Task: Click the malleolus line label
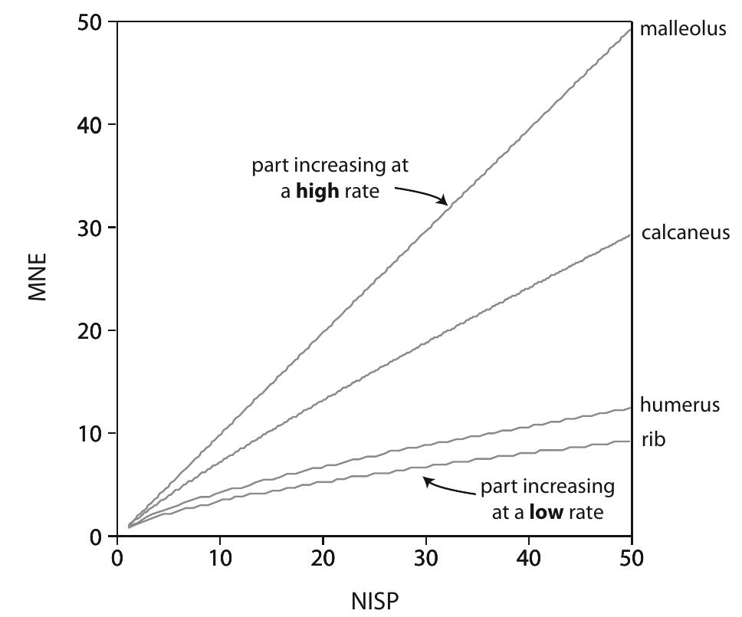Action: [x=682, y=30]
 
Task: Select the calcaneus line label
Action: [x=685, y=232]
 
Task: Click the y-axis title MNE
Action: [x=38, y=277]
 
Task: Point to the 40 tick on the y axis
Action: [x=91, y=125]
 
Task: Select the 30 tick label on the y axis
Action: [x=91, y=228]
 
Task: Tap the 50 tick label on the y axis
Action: [x=91, y=22]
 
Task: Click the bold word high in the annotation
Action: [x=317, y=191]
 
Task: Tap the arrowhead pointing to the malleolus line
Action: [x=444, y=202]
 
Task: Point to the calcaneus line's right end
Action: [x=630, y=235]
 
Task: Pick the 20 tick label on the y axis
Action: [x=91, y=330]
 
